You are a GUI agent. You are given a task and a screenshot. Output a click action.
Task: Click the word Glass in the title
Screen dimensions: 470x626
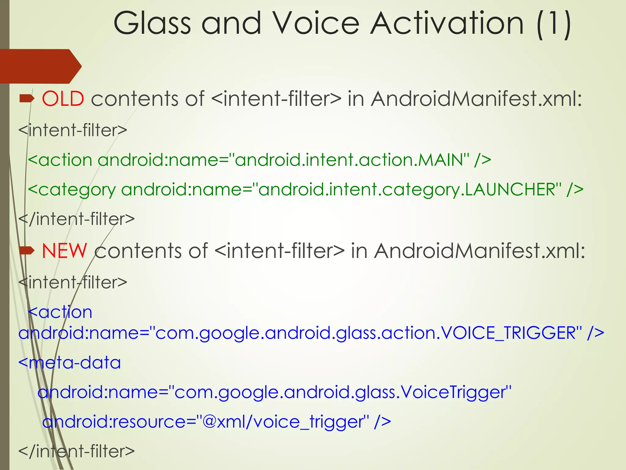point(152,23)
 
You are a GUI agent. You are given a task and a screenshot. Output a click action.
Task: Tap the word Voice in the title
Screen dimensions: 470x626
point(316,23)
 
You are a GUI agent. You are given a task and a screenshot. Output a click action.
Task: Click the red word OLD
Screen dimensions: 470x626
point(63,99)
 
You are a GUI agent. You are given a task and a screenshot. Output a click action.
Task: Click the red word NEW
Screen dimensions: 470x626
point(64,251)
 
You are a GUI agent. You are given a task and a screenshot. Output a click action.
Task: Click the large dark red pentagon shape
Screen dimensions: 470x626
point(40,66)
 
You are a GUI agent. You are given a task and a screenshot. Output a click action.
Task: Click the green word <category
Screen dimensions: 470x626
point(72,190)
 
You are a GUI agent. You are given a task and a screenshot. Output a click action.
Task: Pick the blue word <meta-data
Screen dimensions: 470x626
point(69,363)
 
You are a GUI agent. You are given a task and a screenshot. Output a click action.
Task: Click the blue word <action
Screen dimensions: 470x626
point(60,312)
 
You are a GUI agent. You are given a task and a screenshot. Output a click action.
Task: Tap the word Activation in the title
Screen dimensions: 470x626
point(447,23)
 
